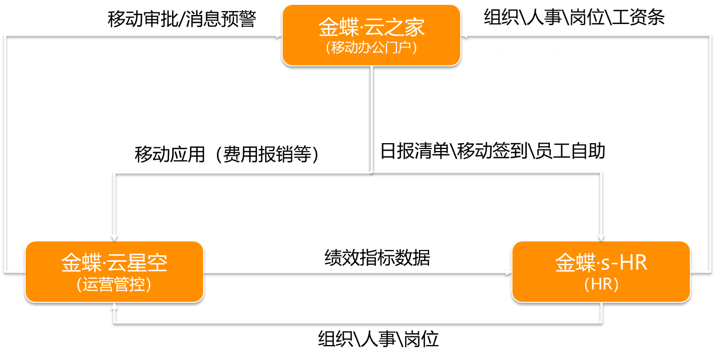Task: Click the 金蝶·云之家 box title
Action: tap(371, 27)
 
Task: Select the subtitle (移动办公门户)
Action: tap(371, 48)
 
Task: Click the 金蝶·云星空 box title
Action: tap(114, 263)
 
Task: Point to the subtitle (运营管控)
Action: tap(114, 284)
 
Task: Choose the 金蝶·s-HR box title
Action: tap(601, 263)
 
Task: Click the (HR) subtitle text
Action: tap(601, 284)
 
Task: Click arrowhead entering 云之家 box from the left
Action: tap(278, 35)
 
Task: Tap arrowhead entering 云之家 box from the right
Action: tap(464, 35)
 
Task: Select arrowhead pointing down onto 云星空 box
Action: tap(114, 237)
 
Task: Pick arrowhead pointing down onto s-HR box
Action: tap(601, 237)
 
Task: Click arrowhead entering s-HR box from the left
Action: tap(508, 272)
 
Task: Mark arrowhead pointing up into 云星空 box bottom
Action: tap(114, 306)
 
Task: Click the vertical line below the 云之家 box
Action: tap(371, 118)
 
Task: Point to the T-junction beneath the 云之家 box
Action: tap(371, 171)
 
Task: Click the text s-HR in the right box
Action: tap(624, 263)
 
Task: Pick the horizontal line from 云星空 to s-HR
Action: tap(353, 272)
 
